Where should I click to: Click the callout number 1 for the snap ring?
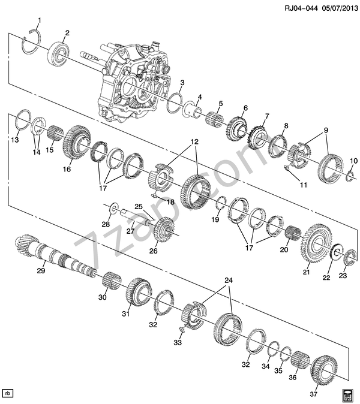[40, 20]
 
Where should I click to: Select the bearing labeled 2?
[59, 55]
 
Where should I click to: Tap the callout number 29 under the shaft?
[41, 270]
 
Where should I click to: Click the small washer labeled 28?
[114, 208]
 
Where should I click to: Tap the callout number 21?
[307, 272]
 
